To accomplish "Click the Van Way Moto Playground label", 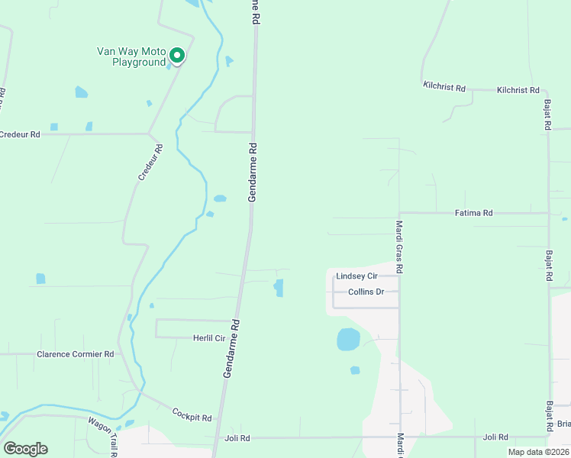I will pos(131,56).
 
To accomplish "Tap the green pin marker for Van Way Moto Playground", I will pos(177,55).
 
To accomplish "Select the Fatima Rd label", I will pos(473,213).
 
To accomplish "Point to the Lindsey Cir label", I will pos(356,276).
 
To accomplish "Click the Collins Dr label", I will pos(366,292).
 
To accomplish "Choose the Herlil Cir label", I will pos(208,337).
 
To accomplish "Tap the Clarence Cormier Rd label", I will pos(76,354).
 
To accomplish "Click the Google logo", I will pos(25,449).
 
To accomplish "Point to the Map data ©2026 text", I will pos(538,452).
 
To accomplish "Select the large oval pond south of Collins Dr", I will pos(348,339).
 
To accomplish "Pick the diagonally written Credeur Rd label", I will pos(150,163).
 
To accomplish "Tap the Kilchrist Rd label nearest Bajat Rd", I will pos(518,90).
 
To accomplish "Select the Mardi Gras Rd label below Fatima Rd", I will pos(399,247).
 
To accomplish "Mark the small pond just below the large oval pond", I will pos(355,370).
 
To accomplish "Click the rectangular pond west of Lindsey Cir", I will pos(279,288).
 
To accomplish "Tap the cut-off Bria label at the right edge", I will pos(563,424).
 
